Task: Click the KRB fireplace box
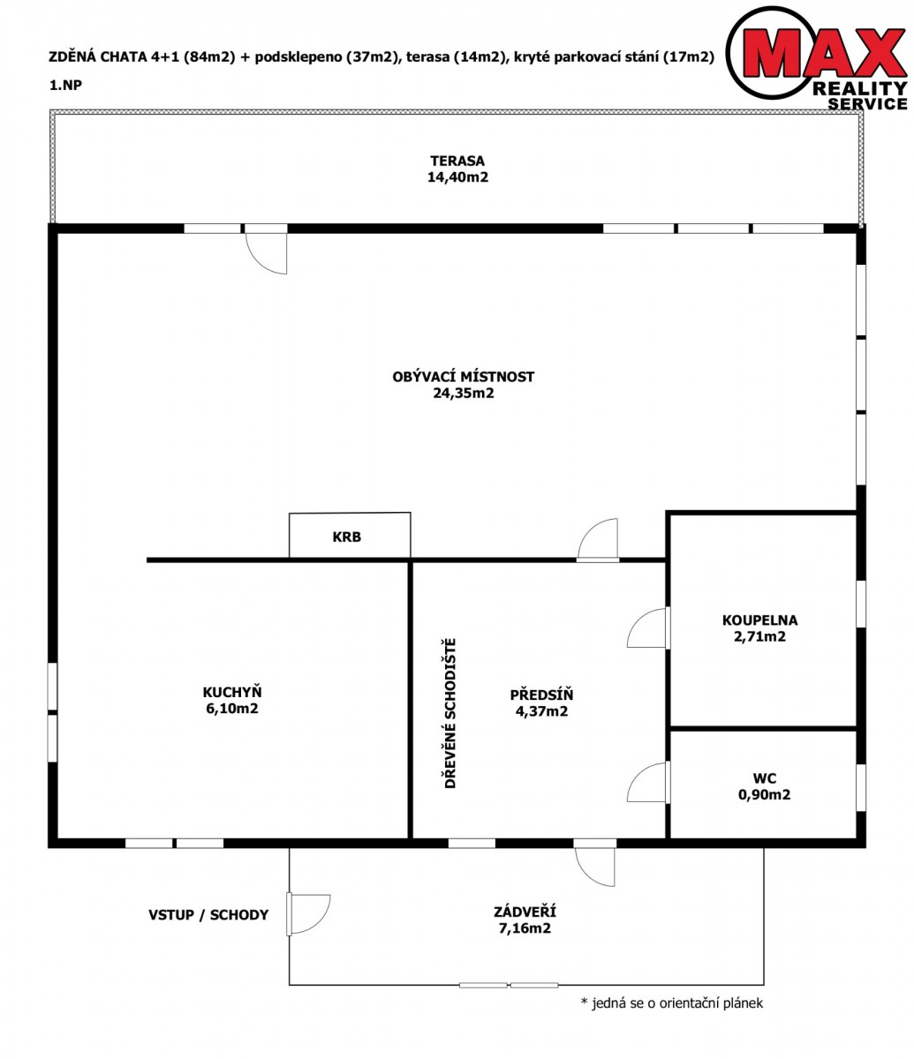point(350,535)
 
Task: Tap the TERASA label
point(457,161)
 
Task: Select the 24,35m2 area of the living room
point(464,394)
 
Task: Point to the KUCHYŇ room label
point(232,692)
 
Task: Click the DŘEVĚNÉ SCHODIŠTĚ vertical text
point(449,713)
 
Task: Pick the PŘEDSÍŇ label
point(541,695)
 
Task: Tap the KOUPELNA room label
point(759,620)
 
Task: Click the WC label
point(764,778)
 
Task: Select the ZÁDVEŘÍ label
point(525,912)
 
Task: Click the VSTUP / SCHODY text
point(208,915)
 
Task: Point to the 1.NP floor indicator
point(65,85)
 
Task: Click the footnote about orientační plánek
point(671,1003)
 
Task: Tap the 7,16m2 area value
point(525,928)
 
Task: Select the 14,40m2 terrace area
point(457,177)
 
